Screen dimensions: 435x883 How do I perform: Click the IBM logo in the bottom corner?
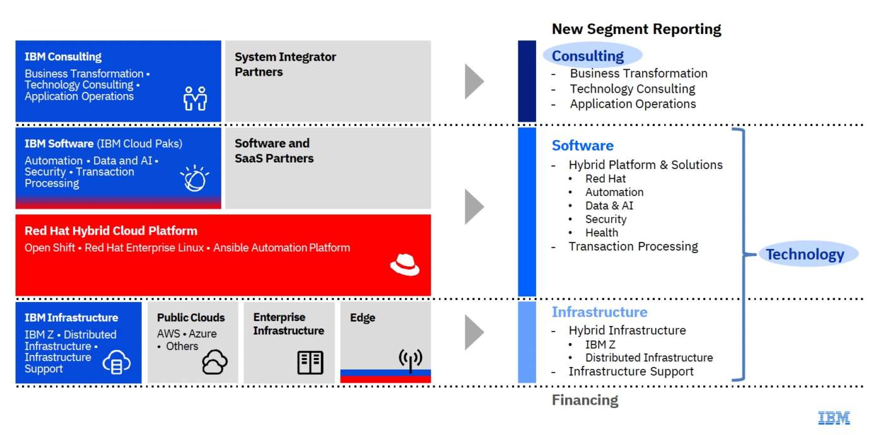click(x=834, y=417)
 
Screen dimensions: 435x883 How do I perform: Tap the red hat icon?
click(x=404, y=265)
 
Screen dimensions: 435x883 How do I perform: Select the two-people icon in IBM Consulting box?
click(x=195, y=98)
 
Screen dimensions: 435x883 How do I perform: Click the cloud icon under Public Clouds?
click(x=214, y=362)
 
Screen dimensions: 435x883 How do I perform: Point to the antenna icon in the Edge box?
click(x=410, y=360)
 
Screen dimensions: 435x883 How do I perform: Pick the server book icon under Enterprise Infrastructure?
click(x=310, y=362)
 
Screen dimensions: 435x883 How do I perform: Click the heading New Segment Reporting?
click(x=636, y=29)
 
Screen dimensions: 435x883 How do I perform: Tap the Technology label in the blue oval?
click(x=804, y=254)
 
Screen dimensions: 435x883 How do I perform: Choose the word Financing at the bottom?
click(x=585, y=400)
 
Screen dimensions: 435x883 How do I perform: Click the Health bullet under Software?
click(x=601, y=233)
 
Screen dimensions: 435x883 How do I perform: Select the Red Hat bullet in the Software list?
click(x=605, y=178)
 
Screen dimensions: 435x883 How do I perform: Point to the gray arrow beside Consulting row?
click(x=474, y=81)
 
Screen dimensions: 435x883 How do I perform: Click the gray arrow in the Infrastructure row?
click(x=474, y=332)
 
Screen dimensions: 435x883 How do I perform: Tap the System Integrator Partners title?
click(x=285, y=64)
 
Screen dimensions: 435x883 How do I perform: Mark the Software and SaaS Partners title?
click(x=274, y=151)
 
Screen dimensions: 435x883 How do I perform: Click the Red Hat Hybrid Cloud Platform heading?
click(x=111, y=231)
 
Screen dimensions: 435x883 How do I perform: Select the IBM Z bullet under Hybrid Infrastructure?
click(x=600, y=344)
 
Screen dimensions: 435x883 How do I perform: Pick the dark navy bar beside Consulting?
click(x=527, y=81)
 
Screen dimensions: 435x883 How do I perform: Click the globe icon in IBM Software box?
click(x=194, y=178)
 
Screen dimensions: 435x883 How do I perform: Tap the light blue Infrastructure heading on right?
click(x=599, y=312)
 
